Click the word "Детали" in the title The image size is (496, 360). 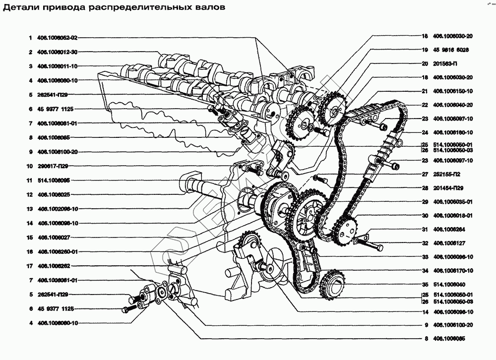pos(19,8)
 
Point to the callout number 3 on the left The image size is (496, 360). pos(30,66)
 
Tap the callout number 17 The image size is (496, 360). pos(30,266)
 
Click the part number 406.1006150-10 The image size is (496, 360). pos(453,91)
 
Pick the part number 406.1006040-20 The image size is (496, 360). pos(453,105)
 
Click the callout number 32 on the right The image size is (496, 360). pos(425,243)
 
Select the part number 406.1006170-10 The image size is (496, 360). pos(453,271)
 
